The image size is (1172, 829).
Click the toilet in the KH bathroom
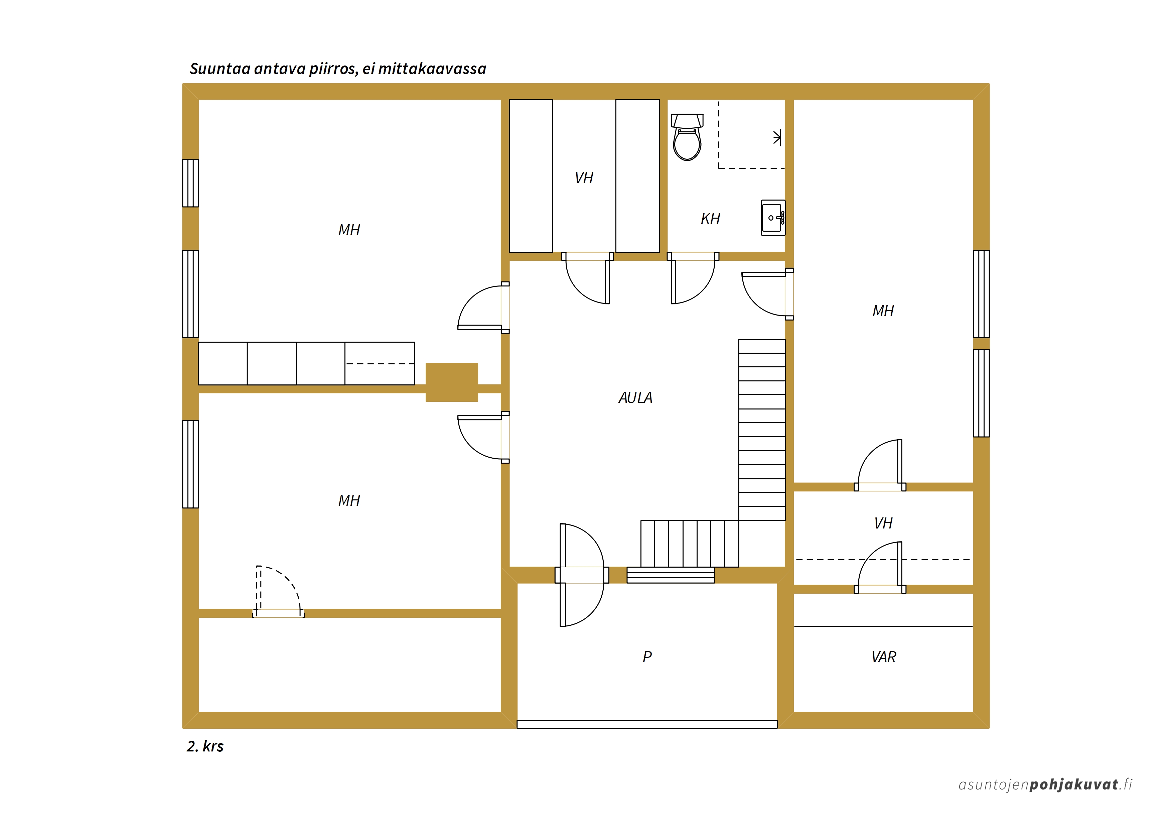coord(687,137)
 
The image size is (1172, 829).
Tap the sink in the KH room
coord(773,218)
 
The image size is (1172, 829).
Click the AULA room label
coord(635,397)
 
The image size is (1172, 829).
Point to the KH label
coord(710,219)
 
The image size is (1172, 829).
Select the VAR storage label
coord(884,657)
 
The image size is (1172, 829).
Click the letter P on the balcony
coord(647,657)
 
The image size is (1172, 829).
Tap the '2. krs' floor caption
coord(205,746)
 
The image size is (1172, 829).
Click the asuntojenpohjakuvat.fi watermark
coord(1045,785)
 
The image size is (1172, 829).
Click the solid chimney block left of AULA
coord(452,382)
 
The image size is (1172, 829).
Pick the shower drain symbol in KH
coord(777,137)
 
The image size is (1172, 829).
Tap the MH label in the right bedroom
coord(883,311)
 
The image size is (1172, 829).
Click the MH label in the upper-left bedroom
coord(349,230)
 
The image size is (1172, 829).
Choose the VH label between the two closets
coord(584,178)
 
